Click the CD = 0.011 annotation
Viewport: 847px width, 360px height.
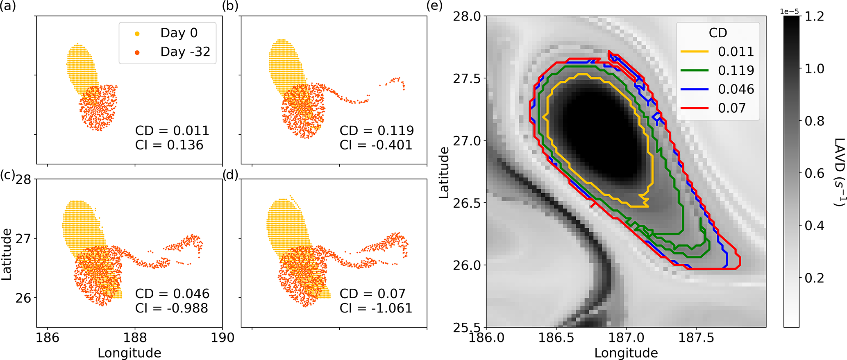[172, 131]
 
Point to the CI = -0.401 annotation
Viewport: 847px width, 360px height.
[376, 145]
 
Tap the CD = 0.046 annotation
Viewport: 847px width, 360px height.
[172, 294]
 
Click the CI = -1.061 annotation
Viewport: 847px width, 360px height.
[376, 308]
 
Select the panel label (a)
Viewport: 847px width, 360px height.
[8, 6]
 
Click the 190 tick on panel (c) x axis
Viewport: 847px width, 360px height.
[223, 338]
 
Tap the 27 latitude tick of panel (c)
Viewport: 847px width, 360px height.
[23, 239]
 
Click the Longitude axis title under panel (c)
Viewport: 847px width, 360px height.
[129, 353]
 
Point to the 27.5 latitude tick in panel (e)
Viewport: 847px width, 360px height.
[467, 79]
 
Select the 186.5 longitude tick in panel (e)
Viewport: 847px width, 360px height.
[556, 338]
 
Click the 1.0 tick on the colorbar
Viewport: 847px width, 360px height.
[815, 68]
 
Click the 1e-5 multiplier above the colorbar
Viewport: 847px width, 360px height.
[790, 11]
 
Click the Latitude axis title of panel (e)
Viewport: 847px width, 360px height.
[444, 172]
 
